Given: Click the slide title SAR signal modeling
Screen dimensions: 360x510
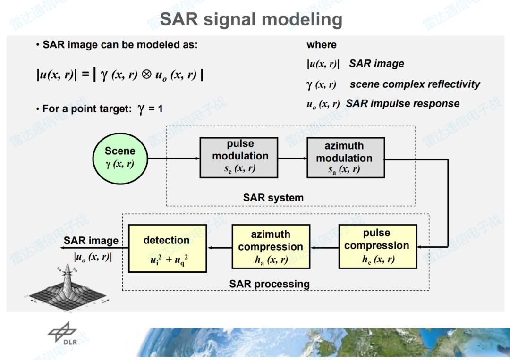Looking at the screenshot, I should (251, 19).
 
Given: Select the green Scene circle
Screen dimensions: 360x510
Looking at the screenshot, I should (120, 158).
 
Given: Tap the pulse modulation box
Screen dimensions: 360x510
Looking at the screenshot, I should (240, 158).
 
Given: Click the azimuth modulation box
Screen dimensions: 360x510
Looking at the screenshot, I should (345, 158).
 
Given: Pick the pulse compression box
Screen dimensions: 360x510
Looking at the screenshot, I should (377, 246).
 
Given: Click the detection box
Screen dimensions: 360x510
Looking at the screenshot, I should (168, 248).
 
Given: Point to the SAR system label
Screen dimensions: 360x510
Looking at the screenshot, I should (273, 198).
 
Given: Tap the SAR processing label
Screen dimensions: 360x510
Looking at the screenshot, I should (269, 284).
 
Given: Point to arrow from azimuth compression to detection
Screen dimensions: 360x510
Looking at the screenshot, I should (219, 247).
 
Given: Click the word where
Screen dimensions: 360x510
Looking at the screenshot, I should (322, 45).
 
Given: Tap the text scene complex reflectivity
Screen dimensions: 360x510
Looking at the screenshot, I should (415, 84).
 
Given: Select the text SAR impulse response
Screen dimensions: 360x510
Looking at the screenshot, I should (402, 104).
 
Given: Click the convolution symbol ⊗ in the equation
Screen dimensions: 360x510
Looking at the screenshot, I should (146, 75).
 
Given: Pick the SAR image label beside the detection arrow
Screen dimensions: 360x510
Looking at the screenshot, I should (91, 241).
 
